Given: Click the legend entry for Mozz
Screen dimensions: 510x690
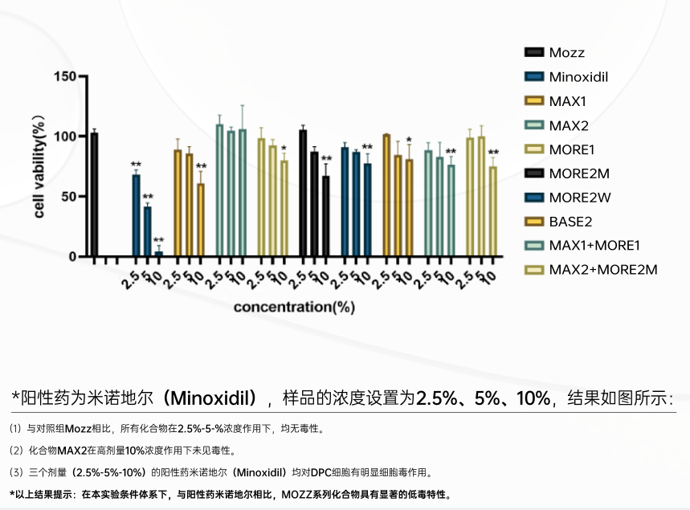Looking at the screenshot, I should click(x=566, y=53).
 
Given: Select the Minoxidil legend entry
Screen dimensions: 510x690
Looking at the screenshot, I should click(x=578, y=77).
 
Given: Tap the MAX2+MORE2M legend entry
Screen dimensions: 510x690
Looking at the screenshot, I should click(x=603, y=269).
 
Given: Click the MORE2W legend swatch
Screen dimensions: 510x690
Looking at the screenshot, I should click(x=533, y=197).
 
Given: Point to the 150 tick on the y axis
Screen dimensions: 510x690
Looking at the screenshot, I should click(x=66, y=76).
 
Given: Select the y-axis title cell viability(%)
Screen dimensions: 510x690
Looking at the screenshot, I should click(x=39, y=166).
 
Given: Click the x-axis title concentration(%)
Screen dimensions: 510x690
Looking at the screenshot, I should click(x=295, y=306).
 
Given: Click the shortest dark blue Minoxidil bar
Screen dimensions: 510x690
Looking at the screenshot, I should click(x=158, y=253).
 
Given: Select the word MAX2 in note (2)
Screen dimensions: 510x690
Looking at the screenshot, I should click(x=72, y=450).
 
